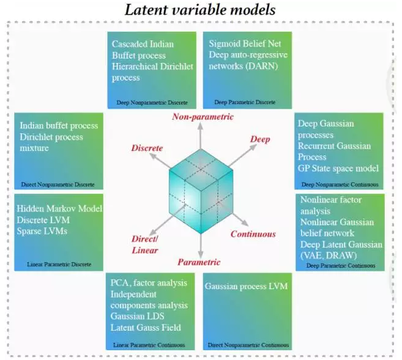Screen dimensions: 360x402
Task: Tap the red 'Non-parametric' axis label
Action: point(203,117)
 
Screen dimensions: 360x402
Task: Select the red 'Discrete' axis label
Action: point(147,149)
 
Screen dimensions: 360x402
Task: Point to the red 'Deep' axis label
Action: point(259,139)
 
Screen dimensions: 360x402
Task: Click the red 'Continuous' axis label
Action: point(253,234)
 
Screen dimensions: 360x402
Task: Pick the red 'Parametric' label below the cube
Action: point(199,262)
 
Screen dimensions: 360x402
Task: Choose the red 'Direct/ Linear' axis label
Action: point(146,244)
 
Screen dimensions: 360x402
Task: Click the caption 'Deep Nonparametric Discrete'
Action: point(152,102)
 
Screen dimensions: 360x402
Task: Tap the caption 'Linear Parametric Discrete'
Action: point(59,265)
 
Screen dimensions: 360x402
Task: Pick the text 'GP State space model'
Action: point(338,168)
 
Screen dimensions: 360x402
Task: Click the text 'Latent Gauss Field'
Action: point(146,327)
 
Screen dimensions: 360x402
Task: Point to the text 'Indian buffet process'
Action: point(59,126)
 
